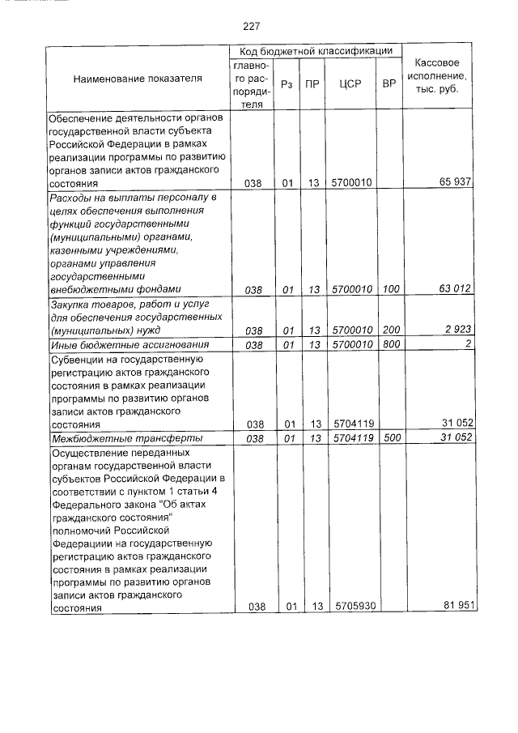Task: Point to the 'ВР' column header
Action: [389, 83]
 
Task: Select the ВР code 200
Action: [391, 331]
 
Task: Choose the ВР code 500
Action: [391, 438]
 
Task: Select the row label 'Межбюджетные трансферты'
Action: [113, 438]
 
